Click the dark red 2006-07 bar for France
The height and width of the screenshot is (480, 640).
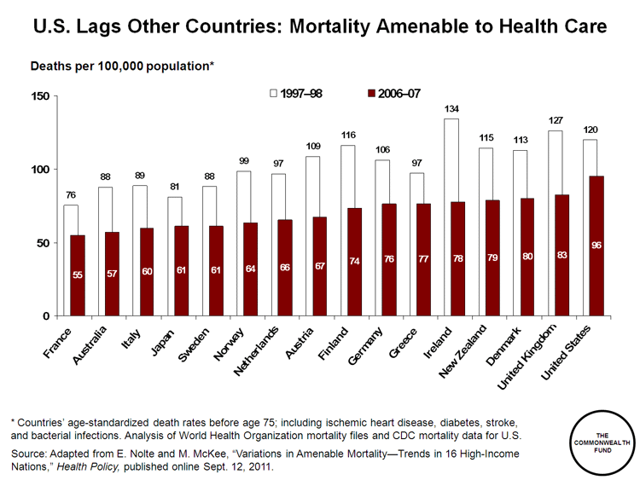77,275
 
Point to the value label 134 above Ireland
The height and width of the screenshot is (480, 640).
452,109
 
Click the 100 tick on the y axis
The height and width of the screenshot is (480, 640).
39,170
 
